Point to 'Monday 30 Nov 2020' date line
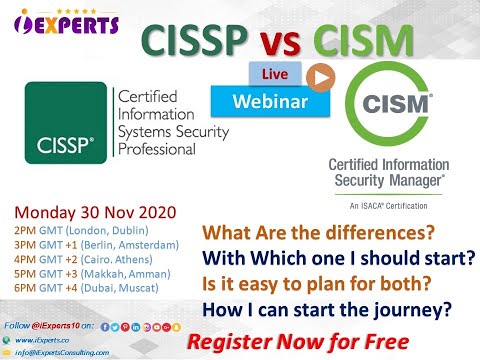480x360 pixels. tap(94, 212)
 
